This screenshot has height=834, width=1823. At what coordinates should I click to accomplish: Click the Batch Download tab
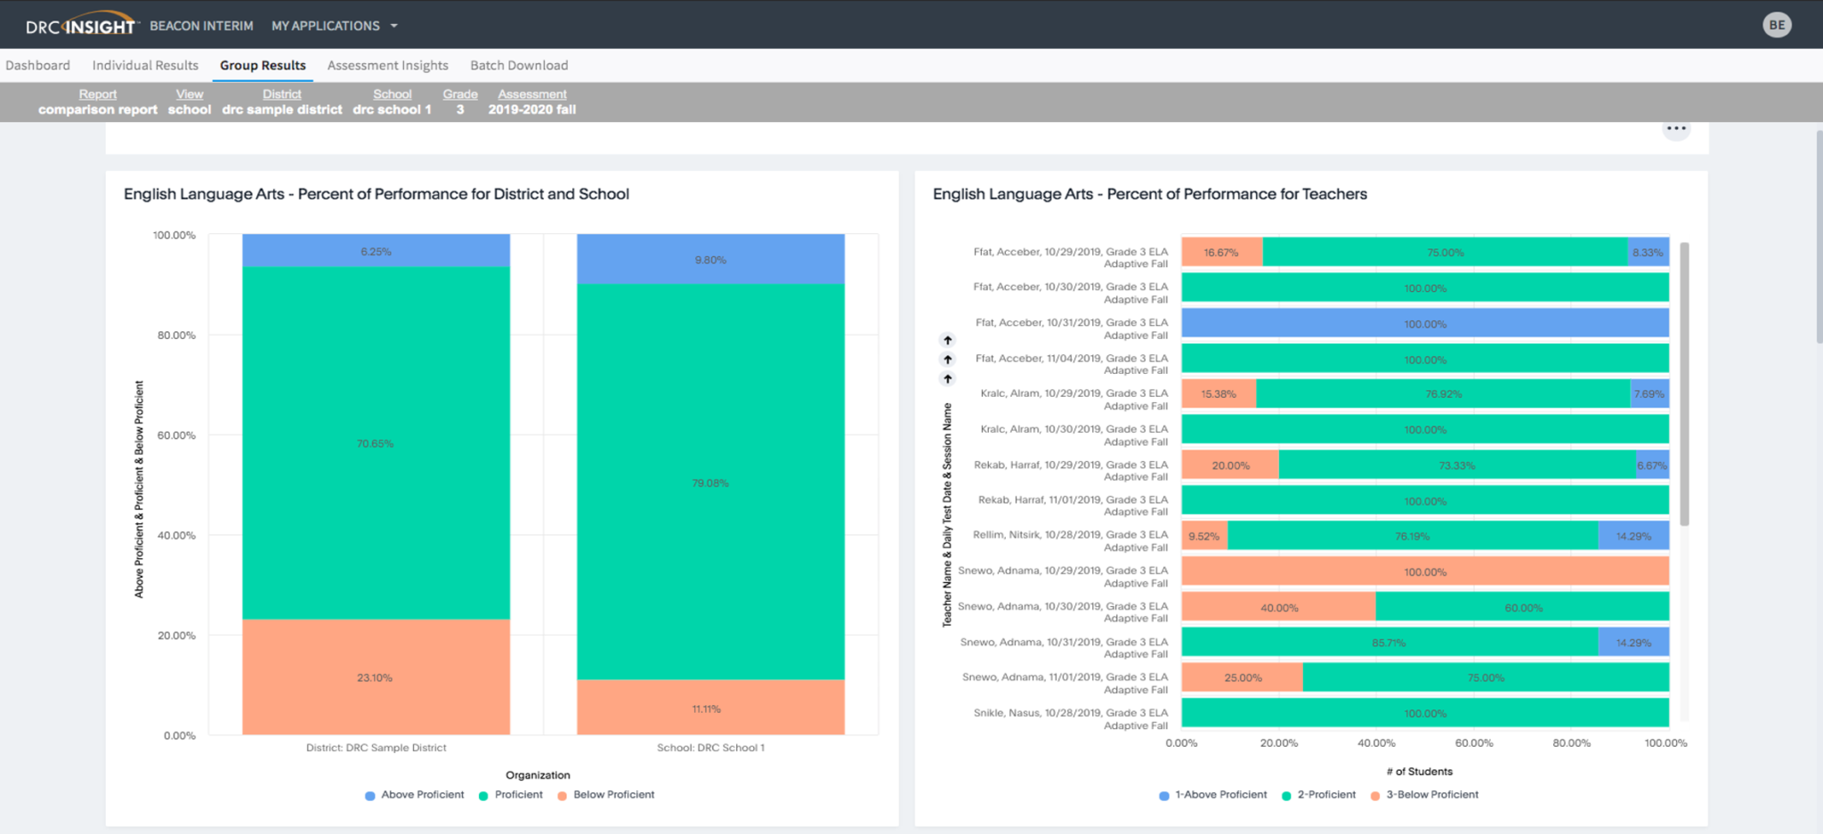pyautogui.click(x=519, y=65)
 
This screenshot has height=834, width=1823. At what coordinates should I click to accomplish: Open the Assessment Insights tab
pyautogui.click(x=387, y=65)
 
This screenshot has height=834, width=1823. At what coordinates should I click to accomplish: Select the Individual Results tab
pyautogui.click(x=145, y=65)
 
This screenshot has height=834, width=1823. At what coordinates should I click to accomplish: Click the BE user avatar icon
pyautogui.click(x=1777, y=25)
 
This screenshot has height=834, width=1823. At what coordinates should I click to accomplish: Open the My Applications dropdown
pyautogui.click(x=334, y=26)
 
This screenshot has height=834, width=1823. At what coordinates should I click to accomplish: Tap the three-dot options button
pyautogui.click(x=1676, y=128)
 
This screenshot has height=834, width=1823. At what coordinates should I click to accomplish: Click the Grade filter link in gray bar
pyautogui.click(x=460, y=94)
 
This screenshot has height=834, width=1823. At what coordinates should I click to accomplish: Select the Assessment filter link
pyautogui.click(x=531, y=94)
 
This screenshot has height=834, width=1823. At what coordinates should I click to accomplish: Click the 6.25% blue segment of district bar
pyautogui.click(x=376, y=251)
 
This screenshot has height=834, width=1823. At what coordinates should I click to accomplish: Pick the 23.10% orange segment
pyautogui.click(x=376, y=677)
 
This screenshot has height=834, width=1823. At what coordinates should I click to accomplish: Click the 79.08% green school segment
pyautogui.click(x=710, y=482)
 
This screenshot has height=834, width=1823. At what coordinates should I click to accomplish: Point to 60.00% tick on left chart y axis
pyautogui.click(x=176, y=435)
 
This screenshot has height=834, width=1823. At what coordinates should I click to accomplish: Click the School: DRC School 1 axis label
pyautogui.click(x=710, y=748)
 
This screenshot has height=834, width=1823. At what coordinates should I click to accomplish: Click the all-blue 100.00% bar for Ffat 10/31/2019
pyautogui.click(x=1424, y=323)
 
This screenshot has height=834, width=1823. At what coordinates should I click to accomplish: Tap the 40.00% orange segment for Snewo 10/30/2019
pyautogui.click(x=1278, y=607)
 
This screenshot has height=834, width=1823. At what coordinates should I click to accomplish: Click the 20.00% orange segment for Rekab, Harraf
pyautogui.click(x=1230, y=465)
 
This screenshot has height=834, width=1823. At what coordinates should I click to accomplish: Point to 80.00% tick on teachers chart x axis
pyautogui.click(x=1571, y=742)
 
